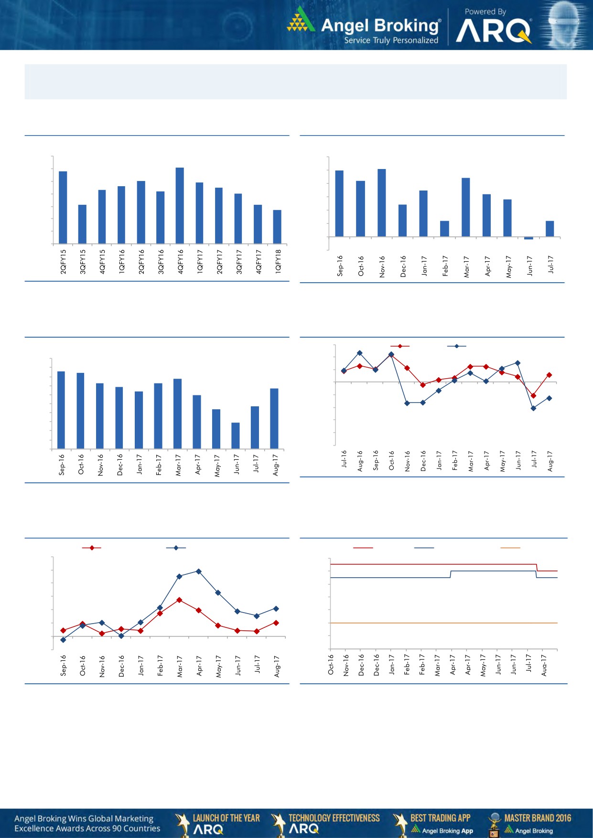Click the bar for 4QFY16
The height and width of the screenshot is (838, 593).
point(180,205)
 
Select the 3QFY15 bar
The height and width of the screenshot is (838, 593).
point(82,224)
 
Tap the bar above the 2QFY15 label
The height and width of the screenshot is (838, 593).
point(63,207)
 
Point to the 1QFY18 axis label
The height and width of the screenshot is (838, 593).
point(278,261)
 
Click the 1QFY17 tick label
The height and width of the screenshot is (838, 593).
point(200,261)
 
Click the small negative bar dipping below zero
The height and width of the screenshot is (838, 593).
point(528,238)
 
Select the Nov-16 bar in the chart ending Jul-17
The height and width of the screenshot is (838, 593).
point(381,202)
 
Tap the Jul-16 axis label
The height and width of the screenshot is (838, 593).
point(344,458)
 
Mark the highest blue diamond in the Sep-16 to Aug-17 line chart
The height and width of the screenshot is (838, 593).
point(199,571)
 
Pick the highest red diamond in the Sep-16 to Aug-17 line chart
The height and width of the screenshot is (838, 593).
point(179,600)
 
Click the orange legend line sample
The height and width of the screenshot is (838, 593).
point(510,548)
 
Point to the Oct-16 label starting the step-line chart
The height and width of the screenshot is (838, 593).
point(331,665)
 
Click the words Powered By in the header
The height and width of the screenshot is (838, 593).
point(485,11)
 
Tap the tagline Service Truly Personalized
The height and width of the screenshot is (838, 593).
point(391,41)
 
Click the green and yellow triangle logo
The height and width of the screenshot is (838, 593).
point(301,20)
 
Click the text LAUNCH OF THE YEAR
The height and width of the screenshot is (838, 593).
point(226,818)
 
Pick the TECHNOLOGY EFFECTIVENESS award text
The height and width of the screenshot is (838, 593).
point(334,818)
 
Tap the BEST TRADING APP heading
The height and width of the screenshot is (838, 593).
point(440,818)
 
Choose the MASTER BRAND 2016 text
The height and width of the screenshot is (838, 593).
point(538,818)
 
